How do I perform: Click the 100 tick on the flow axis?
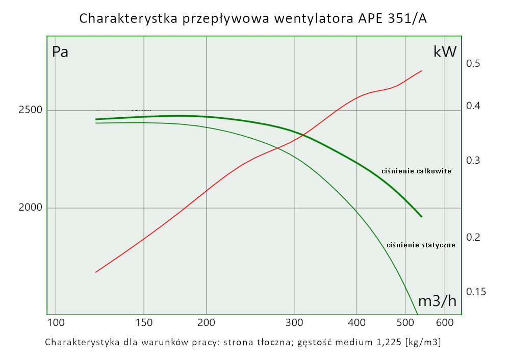pos(56,323)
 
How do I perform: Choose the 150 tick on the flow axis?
pos(144,323)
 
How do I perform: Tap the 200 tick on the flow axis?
pos(206,323)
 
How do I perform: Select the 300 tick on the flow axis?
pos(294,323)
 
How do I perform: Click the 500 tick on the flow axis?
pos(404,323)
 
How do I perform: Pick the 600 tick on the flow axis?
pos(445,323)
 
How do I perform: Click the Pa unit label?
pos(60,52)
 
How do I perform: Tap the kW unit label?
pos(445,52)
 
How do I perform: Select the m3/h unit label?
pos(437,301)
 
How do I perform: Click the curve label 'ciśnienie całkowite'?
pos(416,171)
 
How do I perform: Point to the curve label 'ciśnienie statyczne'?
pos(421,245)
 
